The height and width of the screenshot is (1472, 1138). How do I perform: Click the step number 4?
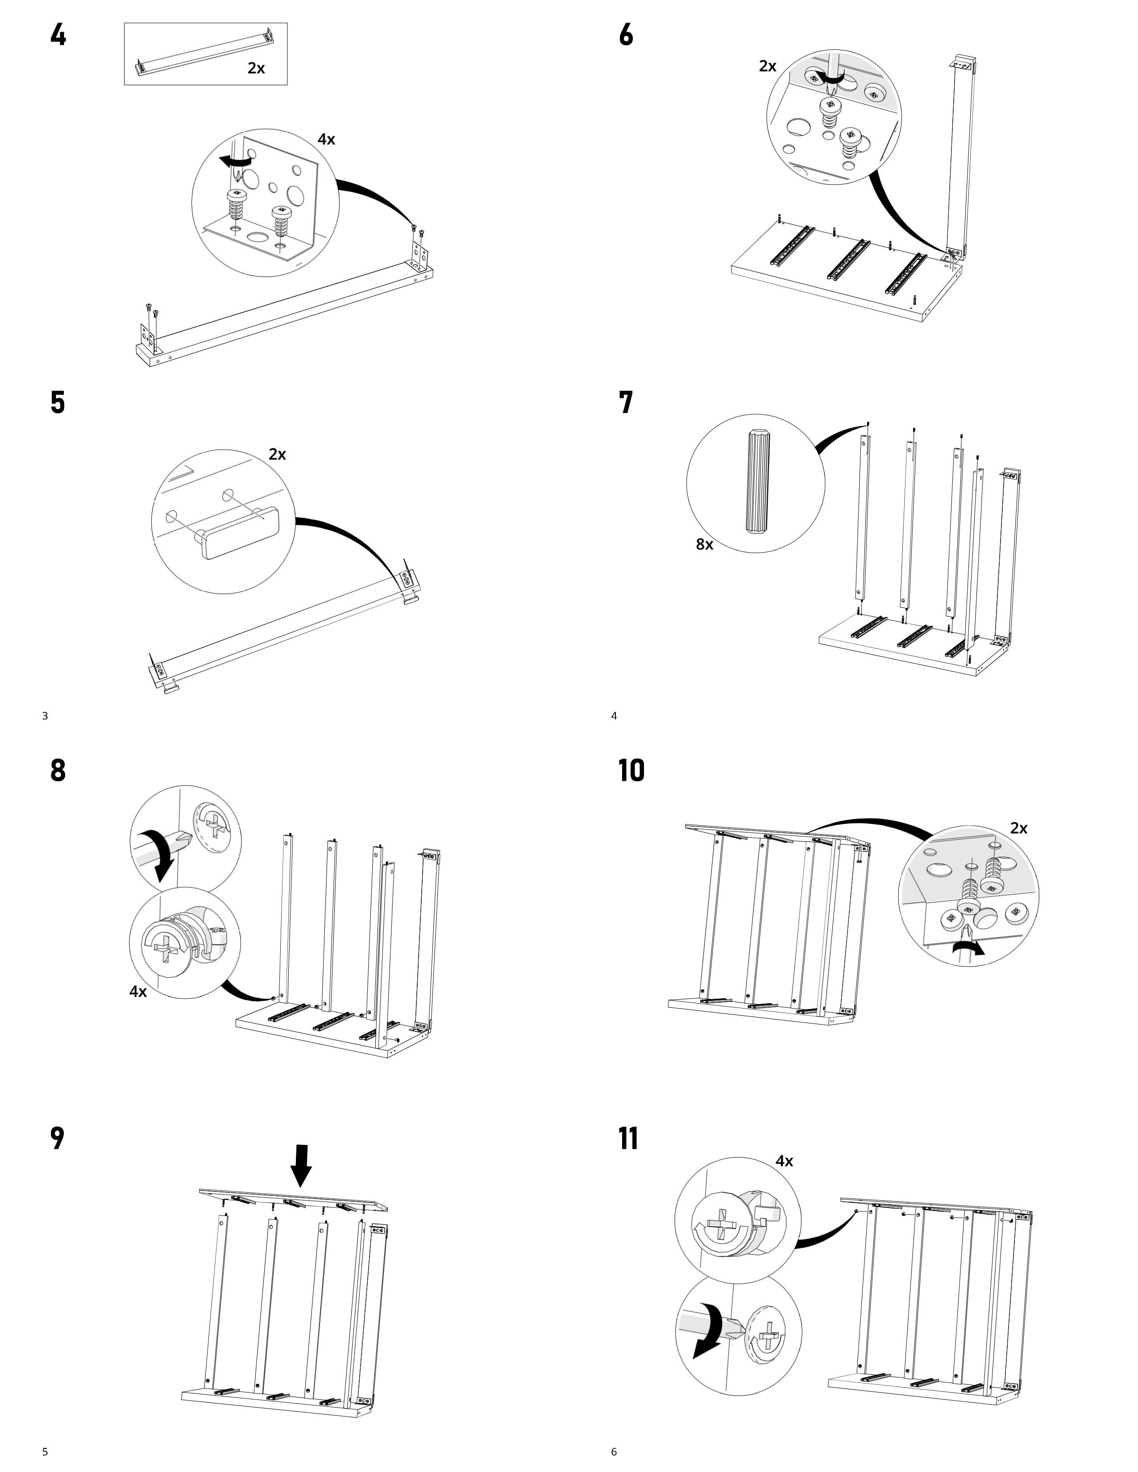pos(58,35)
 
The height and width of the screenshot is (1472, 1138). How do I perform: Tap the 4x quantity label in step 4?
pos(326,140)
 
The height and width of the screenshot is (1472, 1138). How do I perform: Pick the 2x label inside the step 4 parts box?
pos(256,68)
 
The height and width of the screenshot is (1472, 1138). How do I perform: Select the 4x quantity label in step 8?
pos(138,992)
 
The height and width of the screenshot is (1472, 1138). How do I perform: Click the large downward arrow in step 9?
pos(301,1165)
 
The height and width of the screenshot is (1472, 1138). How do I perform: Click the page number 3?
pos(45,716)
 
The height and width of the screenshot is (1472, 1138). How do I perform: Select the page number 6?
pos(614,1452)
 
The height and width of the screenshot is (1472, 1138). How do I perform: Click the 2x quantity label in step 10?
pos(1019,828)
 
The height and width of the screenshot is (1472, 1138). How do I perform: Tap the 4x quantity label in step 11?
pos(784,1161)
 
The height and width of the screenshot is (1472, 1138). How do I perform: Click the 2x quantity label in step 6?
pos(767,66)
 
